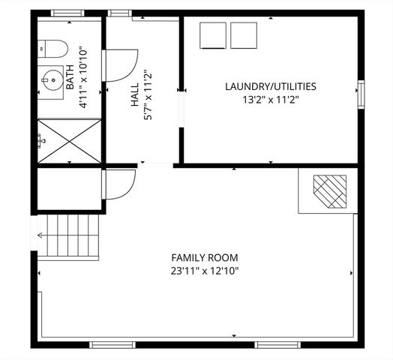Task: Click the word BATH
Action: [69, 77]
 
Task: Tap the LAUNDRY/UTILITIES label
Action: [270, 86]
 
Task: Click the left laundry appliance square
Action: [213, 35]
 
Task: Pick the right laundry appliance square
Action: [243, 35]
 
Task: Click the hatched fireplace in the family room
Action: [330, 190]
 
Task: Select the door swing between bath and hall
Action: [121, 65]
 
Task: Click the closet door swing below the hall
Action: [118, 184]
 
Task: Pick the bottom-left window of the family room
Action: [112, 345]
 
